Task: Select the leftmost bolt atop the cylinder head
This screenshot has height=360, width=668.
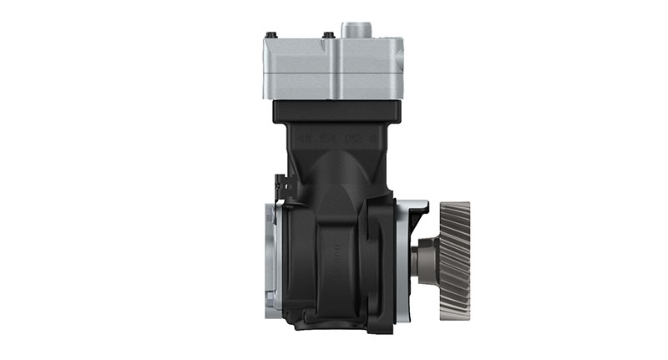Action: coord(271,35)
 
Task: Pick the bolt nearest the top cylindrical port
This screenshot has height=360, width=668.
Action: coord(328,35)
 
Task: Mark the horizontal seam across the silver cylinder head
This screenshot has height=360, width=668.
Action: coord(334,74)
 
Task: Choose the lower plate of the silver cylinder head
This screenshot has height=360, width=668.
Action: coord(334,87)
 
